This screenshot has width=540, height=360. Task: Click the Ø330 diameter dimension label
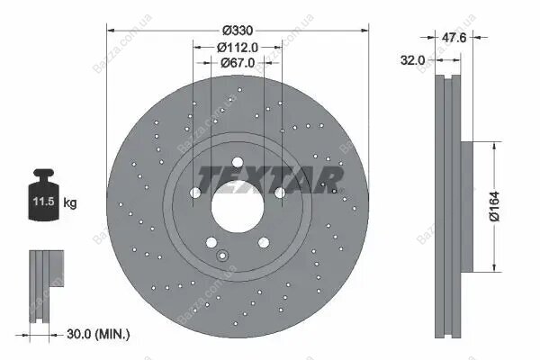tap(238, 31)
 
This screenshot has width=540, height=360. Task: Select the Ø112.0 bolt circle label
tap(238, 47)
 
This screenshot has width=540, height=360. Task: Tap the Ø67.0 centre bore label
tap(238, 63)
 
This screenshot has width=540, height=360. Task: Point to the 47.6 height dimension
tap(454, 37)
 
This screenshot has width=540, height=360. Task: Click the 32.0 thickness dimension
tap(412, 60)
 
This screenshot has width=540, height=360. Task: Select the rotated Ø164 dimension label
tap(494, 206)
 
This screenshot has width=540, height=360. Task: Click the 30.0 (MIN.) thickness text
tap(98, 334)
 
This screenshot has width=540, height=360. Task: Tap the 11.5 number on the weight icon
tap(44, 202)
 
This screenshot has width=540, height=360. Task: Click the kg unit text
tap(70, 202)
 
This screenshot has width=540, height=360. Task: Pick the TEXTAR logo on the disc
tap(270, 180)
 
